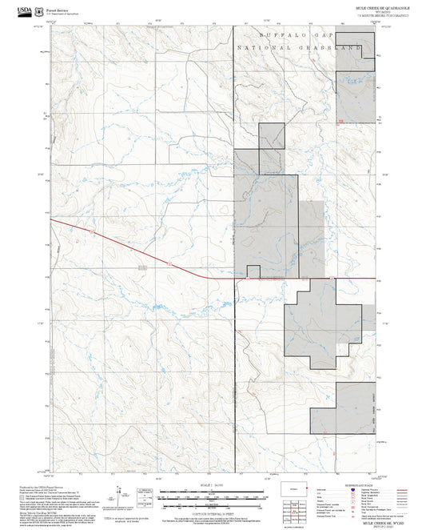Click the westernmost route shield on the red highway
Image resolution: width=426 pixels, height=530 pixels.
coord(92,233)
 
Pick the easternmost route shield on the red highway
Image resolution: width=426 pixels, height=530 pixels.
coord(327,277)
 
